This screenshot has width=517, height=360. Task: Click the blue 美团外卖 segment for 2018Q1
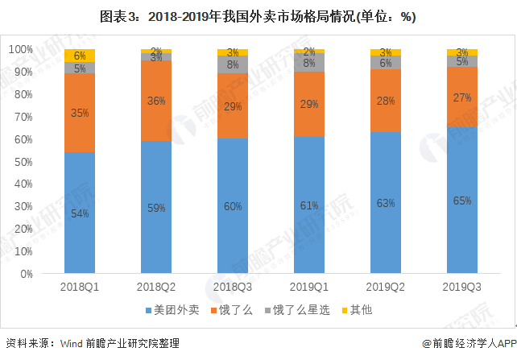pyautogui.click(x=80, y=213)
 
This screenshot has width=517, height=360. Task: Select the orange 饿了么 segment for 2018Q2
pyautogui.click(x=156, y=101)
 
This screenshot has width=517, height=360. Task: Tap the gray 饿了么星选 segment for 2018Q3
pyautogui.click(x=233, y=64)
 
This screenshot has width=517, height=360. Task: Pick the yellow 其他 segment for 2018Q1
pyautogui.click(x=80, y=56)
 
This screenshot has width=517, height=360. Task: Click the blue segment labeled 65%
pyautogui.click(x=462, y=201)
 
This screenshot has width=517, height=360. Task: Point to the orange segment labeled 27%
pyautogui.click(x=462, y=97)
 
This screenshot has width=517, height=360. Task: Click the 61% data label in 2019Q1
pyautogui.click(x=309, y=205)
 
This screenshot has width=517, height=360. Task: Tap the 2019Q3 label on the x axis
pyautogui.click(x=462, y=286)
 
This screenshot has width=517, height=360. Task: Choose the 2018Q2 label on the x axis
pyautogui.click(x=156, y=286)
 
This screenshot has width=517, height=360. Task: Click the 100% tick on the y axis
pyautogui.click(x=20, y=50)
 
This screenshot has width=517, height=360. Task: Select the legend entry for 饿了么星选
pyautogui.click(x=298, y=309)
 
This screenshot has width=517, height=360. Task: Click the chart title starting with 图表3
pyautogui.click(x=258, y=16)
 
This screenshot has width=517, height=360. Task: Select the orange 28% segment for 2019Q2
pyautogui.click(x=386, y=100)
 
